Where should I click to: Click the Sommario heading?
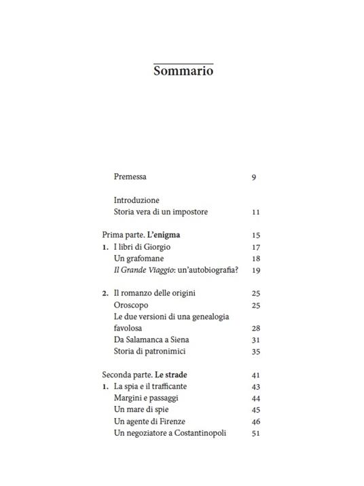pyautogui.click(x=183, y=71)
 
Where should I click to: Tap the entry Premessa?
pyautogui.click(x=130, y=177)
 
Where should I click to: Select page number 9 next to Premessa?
pyautogui.click(x=253, y=178)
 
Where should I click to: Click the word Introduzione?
pyautogui.click(x=136, y=200)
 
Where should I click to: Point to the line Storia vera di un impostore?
pyautogui.click(x=161, y=212)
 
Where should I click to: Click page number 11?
pyautogui.click(x=255, y=212)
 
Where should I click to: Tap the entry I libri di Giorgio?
pyautogui.click(x=144, y=247)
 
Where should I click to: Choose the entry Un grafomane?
pyautogui.click(x=139, y=259)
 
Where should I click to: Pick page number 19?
pyautogui.click(x=255, y=270)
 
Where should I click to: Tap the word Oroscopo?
pyautogui.click(x=131, y=305)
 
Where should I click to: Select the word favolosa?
pyautogui.click(x=132, y=328)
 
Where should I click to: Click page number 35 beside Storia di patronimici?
pyautogui.click(x=255, y=352)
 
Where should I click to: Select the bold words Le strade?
pyautogui.click(x=170, y=375)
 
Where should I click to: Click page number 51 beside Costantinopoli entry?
pyautogui.click(x=255, y=433)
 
